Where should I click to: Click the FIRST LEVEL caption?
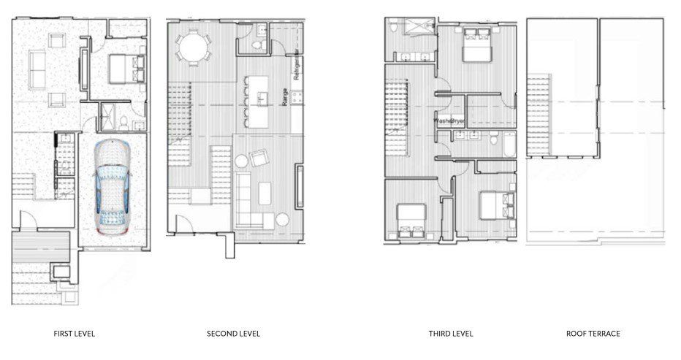75,334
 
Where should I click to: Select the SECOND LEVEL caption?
234,334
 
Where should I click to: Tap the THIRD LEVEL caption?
451,334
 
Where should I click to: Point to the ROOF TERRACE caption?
593,334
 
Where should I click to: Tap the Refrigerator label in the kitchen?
296,66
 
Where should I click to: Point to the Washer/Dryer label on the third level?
451,120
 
